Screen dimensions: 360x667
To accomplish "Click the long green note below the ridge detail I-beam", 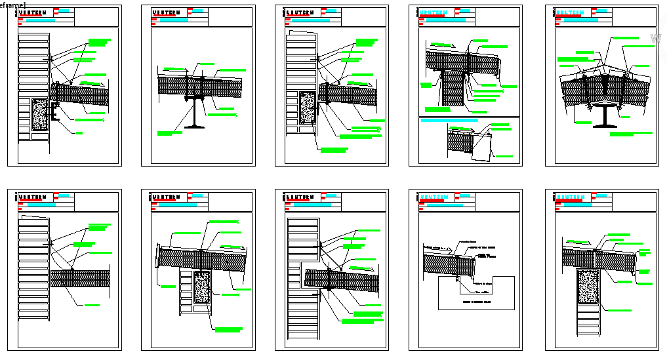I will point(630,134).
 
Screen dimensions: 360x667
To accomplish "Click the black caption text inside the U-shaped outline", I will point(475,303).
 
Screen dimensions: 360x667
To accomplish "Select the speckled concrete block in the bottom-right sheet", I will point(588,287).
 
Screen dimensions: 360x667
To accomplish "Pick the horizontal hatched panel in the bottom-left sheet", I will point(79,279).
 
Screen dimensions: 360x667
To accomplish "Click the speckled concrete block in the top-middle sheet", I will point(306,108).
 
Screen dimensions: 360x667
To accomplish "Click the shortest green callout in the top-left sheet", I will point(79,133).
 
